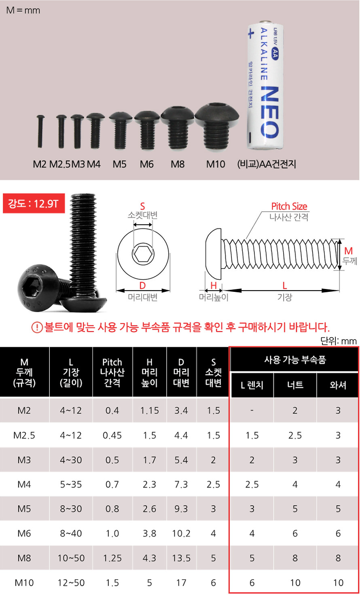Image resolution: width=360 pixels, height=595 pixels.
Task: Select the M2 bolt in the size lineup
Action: [x=40, y=131]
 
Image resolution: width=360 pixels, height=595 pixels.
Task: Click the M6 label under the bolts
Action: [x=146, y=164]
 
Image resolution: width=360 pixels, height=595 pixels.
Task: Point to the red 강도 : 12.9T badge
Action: [x=34, y=203]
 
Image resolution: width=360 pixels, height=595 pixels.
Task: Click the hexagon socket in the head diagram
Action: [x=143, y=254]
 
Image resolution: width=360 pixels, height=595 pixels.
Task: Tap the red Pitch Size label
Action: [x=289, y=207]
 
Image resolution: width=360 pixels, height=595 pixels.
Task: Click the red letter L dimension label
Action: [x=284, y=285]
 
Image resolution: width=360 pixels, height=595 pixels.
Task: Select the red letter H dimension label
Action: [x=213, y=285]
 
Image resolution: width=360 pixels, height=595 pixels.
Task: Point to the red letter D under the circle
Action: [x=142, y=285]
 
